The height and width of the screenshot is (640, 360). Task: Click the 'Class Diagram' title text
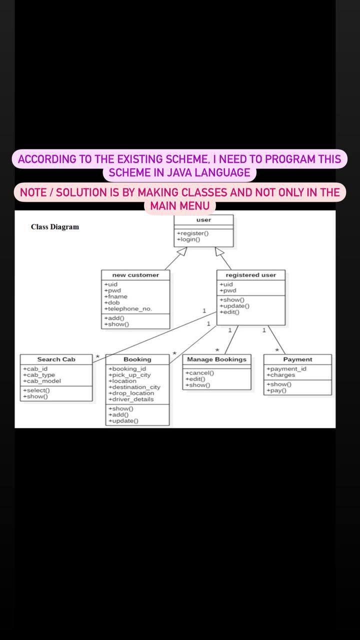coord(55,227)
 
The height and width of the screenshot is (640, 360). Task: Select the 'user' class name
coord(203,220)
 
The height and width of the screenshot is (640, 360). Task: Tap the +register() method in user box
coord(192,233)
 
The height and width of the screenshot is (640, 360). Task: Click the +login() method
coord(188,239)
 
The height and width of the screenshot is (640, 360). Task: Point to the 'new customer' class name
coord(135,275)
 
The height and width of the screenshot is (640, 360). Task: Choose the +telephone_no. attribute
coord(128,309)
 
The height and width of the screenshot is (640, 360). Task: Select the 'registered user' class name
coord(250,275)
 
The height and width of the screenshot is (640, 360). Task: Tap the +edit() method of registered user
coord(229,312)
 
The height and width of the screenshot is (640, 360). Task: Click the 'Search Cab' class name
coord(56,359)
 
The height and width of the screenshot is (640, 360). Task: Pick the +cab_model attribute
coord(42,381)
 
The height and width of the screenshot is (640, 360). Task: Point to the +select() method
coord(36,390)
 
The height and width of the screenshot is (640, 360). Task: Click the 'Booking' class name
coord(137,359)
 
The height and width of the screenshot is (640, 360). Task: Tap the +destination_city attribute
coord(134,387)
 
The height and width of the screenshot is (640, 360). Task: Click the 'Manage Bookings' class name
coord(216,359)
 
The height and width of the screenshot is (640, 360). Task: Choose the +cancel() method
coord(199,373)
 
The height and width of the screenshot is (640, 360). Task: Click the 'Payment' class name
coord(297,359)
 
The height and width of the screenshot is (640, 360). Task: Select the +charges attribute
coord(281,375)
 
